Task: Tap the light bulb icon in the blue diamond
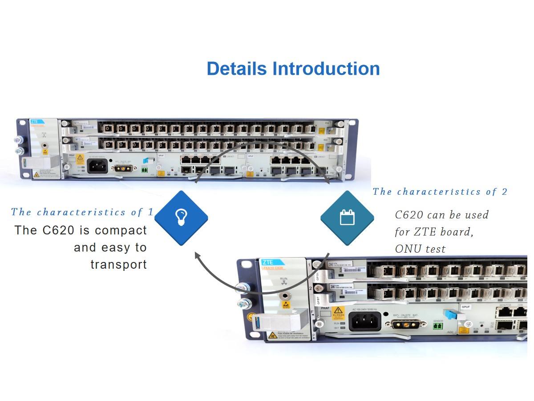181,217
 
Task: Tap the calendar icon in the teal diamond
347,217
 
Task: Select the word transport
118,264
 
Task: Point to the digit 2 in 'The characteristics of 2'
504,192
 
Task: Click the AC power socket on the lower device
364,321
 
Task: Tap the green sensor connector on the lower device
437,327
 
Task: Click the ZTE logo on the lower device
268,262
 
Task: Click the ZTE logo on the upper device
34,121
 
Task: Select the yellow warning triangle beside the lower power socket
339,310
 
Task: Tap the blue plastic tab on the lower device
450,314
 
